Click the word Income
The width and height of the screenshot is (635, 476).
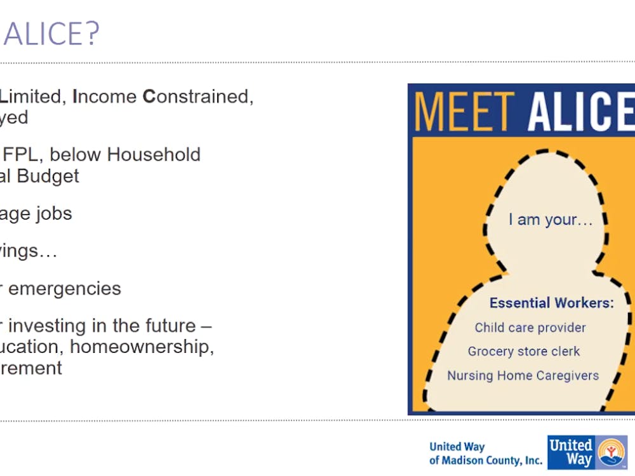point(105,96)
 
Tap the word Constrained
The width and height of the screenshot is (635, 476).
point(198,97)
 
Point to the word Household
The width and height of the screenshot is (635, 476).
point(154,155)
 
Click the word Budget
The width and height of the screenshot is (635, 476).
point(48,176)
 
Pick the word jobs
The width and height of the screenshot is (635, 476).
point(53,214)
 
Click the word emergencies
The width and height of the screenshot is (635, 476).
point(64,289)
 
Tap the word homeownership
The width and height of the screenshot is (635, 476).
point(142,347)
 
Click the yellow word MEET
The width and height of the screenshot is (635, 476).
point(465,111)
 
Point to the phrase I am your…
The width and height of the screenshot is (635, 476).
point(551,220)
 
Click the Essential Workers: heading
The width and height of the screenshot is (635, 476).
point(552,303)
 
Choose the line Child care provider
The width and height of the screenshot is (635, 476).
point(530,327)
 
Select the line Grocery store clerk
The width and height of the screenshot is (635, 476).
point(524,352)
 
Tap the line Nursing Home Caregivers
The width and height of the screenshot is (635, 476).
point(523,376)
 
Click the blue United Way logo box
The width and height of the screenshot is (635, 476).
point(587,452)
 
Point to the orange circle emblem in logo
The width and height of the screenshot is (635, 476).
point(611,452)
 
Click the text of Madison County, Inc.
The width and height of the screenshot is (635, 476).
point(486,461)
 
